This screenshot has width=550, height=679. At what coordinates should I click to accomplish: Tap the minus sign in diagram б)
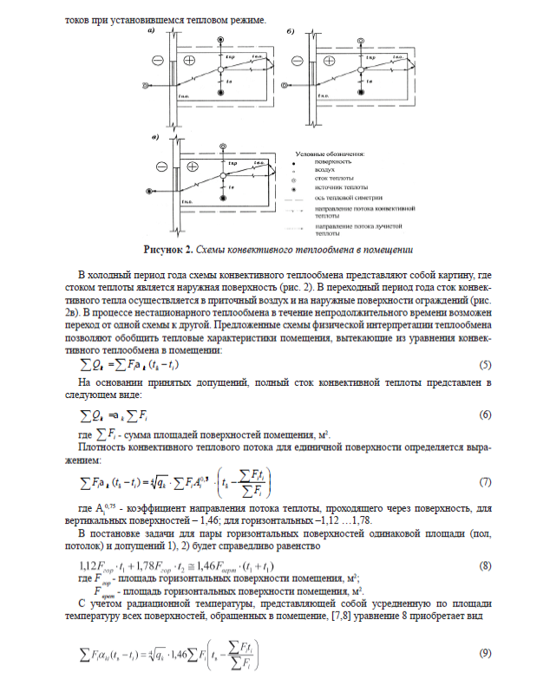(295, 61)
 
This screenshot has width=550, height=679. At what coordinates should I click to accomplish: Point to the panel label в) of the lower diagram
(154, 136)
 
